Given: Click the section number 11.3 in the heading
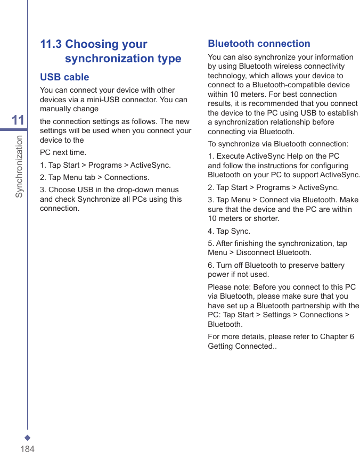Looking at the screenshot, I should pos(51,44).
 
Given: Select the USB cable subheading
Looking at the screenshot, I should pos(64,77).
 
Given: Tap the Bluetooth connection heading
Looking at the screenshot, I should pos(259,44).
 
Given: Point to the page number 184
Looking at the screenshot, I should pos(27,448).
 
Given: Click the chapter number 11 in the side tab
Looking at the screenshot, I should pos(18,120).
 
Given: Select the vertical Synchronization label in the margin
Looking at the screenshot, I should pos(19,166).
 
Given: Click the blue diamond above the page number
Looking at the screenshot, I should pos(27,438).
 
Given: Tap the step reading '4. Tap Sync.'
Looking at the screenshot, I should pos(229,231).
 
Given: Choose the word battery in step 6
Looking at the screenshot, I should pos(331,265).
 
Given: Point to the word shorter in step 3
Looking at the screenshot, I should pos(266,218).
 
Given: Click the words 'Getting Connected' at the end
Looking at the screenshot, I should pos(240,346).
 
